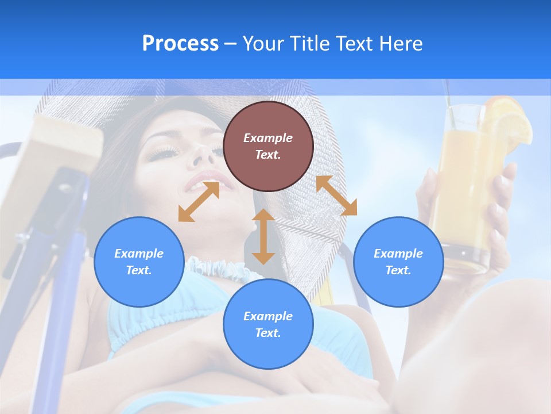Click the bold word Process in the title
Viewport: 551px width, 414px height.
(180, 44)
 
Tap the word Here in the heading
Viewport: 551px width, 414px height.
(401, 44)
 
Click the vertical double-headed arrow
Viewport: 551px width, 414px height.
(263, 236)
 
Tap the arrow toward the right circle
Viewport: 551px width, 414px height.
(336, 195)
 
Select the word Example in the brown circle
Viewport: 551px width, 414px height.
(268, 138)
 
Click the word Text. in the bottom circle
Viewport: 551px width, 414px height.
(268, 333)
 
